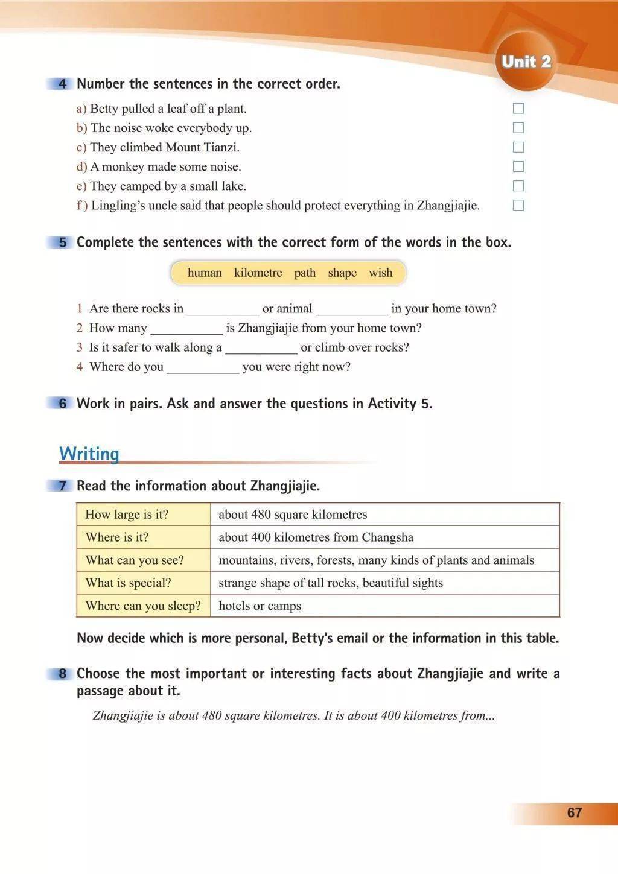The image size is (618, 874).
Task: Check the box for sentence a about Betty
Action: [x=518, y=109]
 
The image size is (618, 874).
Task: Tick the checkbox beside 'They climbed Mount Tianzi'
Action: [x=518, y=147]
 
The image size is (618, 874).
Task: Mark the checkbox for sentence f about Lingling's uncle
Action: [x=518, y=205]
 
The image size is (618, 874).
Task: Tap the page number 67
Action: [x=574, y=812]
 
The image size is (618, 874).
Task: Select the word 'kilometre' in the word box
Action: [x=258, y=273]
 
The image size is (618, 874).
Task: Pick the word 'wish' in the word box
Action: [x=380, y=273]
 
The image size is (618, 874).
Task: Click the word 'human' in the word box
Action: [x=205, y=273]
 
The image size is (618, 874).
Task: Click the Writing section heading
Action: [x=89, y=454]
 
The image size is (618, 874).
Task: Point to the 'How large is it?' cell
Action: [x=144, y=515]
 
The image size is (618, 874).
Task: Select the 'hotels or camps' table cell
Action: [x=384, y=606]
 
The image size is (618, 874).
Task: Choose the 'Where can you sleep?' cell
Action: [x=144, y=606]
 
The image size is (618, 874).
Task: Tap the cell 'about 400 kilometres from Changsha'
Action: [x=384, y=537]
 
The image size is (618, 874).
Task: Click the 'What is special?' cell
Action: [x=144, y=583]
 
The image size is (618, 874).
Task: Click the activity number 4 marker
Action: [x=62, y=84]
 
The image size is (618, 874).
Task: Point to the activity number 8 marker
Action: [x=62, y=674]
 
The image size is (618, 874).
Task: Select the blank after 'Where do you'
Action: [x=203, y=368]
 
